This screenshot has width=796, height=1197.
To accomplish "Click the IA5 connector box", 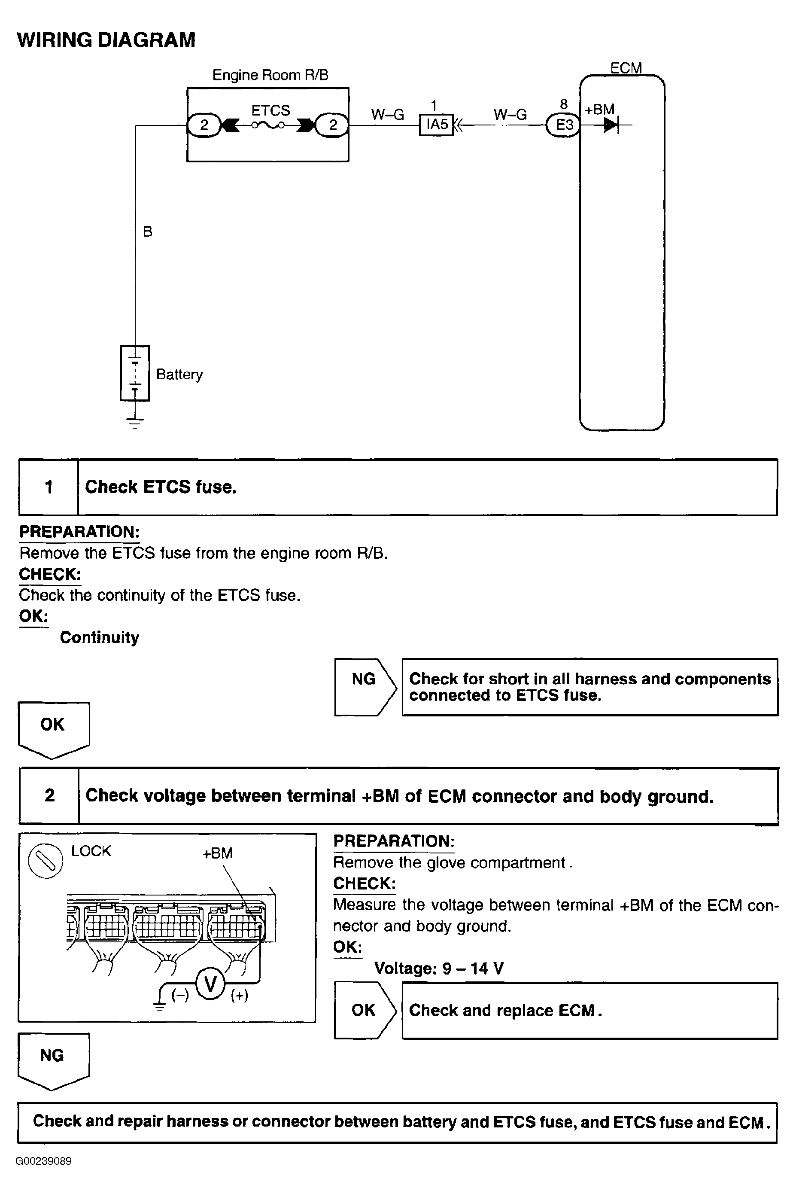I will click(436, 125).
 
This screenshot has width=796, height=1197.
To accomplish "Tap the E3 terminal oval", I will click(563, 125).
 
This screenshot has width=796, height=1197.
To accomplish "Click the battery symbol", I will click(135, 373).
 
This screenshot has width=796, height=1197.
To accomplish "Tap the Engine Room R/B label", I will click(270, 75).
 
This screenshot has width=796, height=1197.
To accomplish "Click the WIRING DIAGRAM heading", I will click(106, 40).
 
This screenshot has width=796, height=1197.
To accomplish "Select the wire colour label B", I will click(148, 231).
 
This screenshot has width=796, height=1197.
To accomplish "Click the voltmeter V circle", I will click(210, 984).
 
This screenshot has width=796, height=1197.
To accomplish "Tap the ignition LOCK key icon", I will click(46, 860).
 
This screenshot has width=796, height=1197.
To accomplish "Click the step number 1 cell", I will click(49, 487).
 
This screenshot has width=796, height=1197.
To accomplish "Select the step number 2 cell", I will click(49, 795).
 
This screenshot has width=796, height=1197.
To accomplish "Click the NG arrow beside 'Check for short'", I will click(365, 687).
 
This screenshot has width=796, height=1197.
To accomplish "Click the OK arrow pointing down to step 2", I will click(53, 729).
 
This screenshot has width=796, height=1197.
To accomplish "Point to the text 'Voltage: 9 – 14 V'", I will click(439, 969).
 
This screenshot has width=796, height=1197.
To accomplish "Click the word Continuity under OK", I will click(100, 637).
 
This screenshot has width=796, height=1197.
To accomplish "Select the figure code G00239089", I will click(44, 1161).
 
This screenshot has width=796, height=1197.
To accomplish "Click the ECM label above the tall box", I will click(626, 68).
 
